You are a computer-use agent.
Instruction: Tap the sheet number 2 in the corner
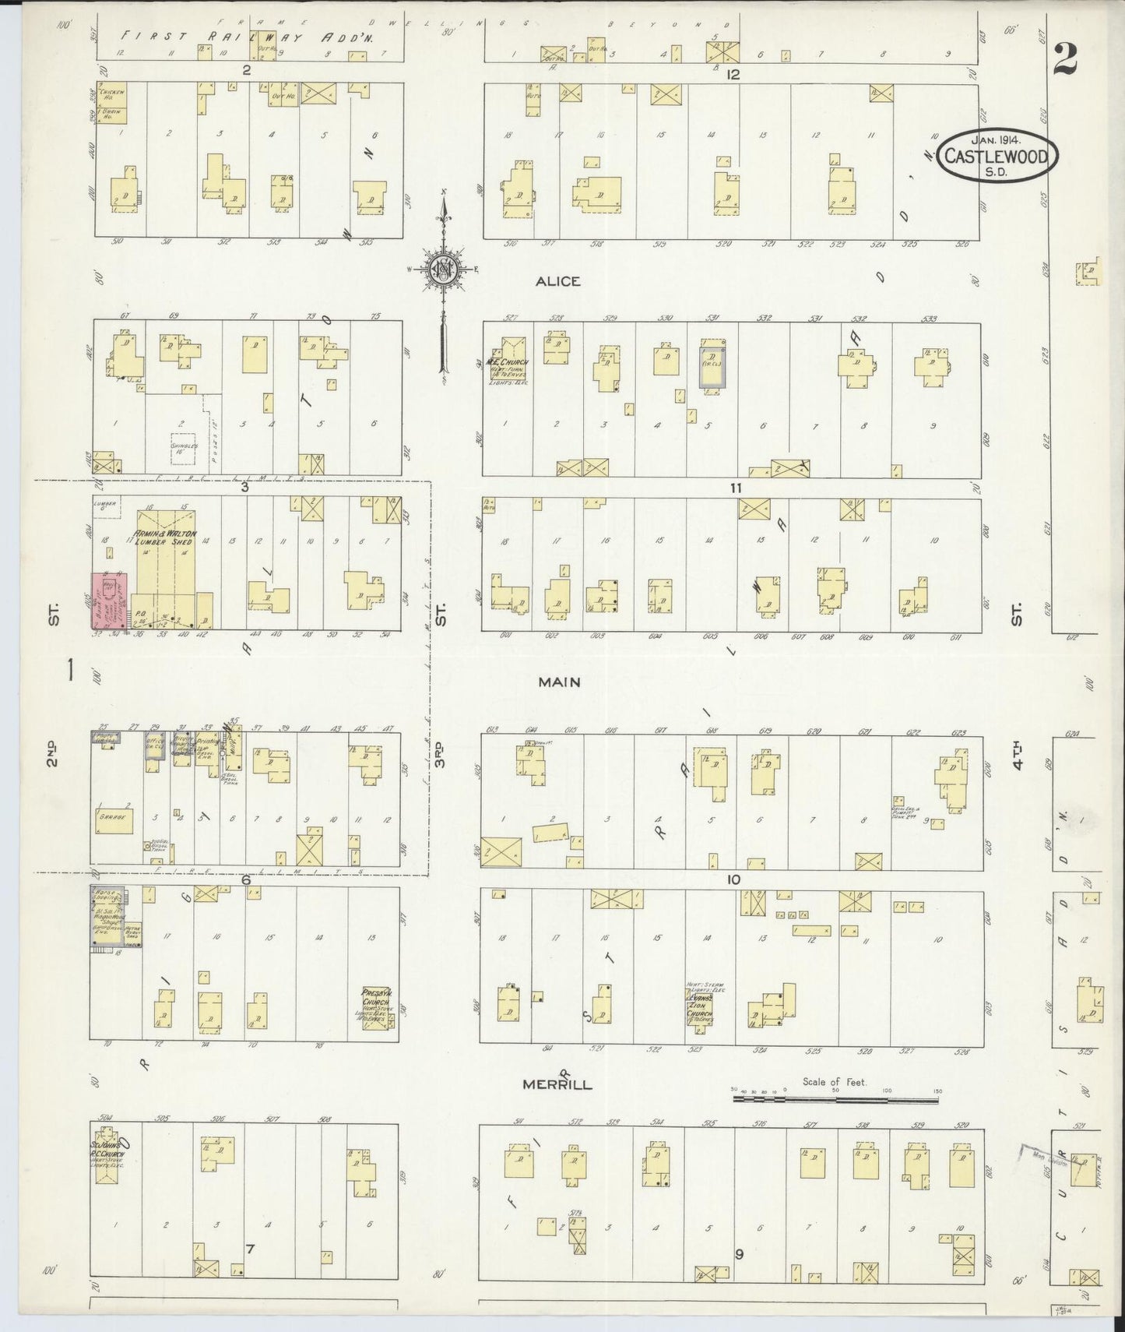click(1065, 58)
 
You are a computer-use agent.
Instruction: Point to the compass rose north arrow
click(444, 269)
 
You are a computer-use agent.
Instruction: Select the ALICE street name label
click(557, 281)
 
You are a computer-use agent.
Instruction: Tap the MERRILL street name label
click(557, 1084)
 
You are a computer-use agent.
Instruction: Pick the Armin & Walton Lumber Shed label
click(167, 537)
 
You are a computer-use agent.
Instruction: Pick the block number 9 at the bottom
click(739, 1254)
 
